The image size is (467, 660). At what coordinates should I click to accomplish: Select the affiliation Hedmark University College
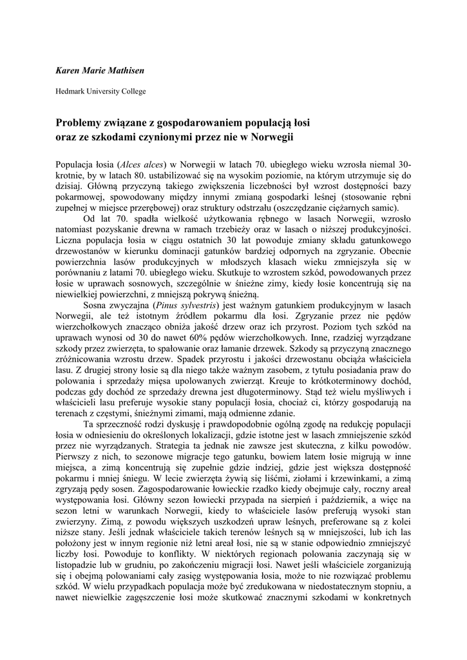click(x=100, y=91)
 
